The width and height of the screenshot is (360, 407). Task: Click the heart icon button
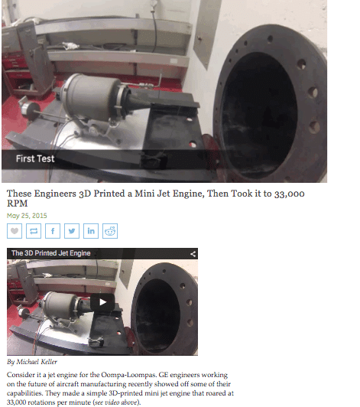coord(15,230)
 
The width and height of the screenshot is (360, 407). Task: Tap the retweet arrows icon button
coord(34,230)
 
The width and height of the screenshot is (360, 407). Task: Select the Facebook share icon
coord(54,230)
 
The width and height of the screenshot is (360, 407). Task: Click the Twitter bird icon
coord(73,230)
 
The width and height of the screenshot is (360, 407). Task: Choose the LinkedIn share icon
coord(92,230)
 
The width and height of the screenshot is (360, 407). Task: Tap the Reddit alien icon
coord(111,230)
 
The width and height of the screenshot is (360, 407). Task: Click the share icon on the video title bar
coord(193,253)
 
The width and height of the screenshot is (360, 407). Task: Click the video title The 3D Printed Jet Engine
coord(51,253)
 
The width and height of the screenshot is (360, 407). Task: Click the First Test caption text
coord(35,158)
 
